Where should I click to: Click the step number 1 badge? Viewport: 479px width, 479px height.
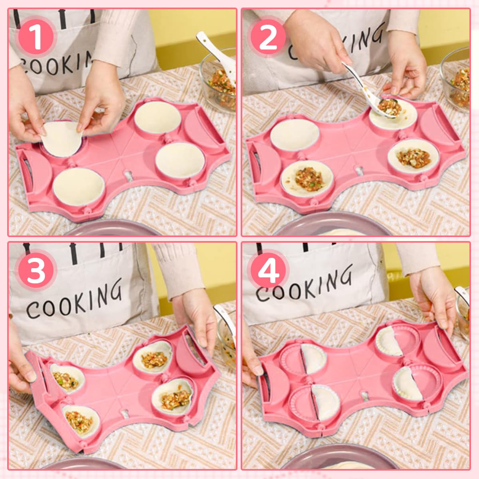(37, 36)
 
